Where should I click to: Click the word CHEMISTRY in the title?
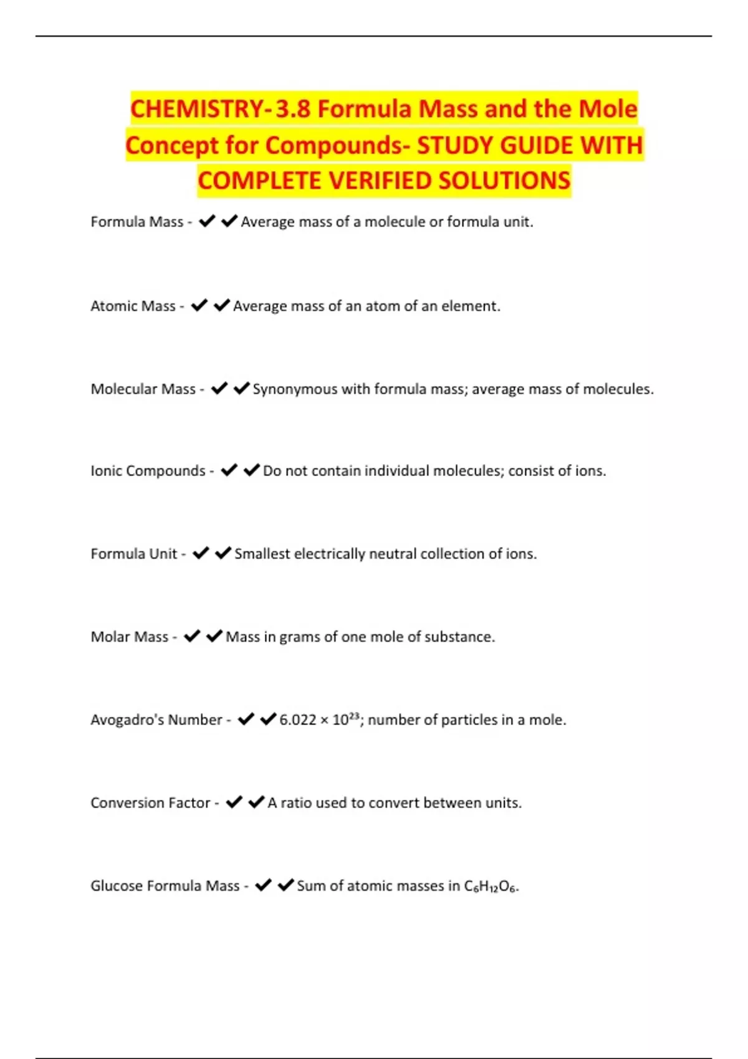[197, 109]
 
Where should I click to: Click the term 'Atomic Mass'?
[133, 306]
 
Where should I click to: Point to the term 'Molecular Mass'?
[143, 389]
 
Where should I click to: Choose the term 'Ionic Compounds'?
[148, 470]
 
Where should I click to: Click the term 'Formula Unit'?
[134, 554]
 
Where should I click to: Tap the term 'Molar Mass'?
[130, 637]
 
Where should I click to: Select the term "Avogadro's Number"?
[156, 719]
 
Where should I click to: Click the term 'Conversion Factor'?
[150, 802]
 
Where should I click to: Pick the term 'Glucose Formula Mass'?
[165, 885]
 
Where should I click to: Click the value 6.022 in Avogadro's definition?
[298, 720]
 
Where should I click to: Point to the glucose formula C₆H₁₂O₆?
[491, 886]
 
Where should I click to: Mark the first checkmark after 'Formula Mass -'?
[207, 221]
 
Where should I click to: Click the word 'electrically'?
[330, 554]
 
